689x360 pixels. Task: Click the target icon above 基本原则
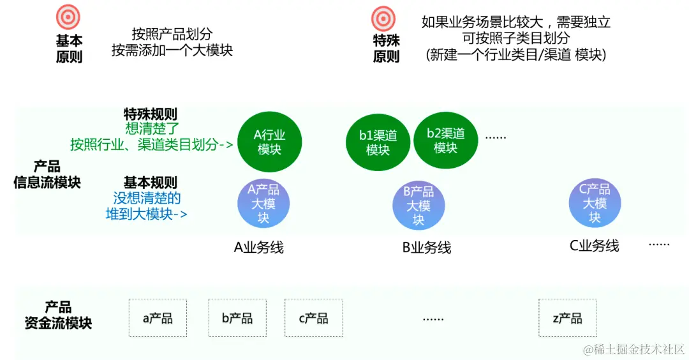click(x=68, y=17)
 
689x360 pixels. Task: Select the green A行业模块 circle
click(x=269, y=142)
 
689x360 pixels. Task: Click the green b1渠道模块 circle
click(x=378, y=142)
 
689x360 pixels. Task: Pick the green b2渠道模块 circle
click(x=445, y=140)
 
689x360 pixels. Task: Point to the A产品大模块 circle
click(x=263, y=204)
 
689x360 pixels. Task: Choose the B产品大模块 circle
click(x=418, y=205)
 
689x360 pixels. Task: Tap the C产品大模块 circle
click(x=595, y=203)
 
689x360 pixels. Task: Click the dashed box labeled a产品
click(x=158, y=318)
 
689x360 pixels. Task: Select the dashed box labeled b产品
click(x=237, y=318)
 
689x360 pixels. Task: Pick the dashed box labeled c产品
click(x=313, y=318)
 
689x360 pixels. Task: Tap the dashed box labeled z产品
click(x=567, y=318)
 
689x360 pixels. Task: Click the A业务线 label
click(x=258, y=247)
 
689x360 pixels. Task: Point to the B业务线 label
click(x=427, y=247)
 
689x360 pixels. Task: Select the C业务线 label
click(x=595, y=246)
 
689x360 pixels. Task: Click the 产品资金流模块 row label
click(x=58, y=315)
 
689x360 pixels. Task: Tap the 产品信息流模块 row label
click(x=47, y=174)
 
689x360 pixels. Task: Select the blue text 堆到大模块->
click(x=147, y=214)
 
